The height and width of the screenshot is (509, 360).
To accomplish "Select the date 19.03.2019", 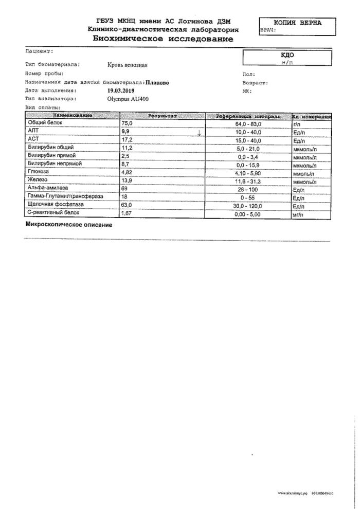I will pos(117,90).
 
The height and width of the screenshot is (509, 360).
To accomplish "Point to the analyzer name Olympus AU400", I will pos(123,98).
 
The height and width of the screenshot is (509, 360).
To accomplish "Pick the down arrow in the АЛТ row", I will pos(199,133).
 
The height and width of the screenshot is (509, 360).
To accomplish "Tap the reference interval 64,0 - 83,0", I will pos(248,124).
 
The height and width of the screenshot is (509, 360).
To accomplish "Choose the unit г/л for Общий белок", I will pos(296,124).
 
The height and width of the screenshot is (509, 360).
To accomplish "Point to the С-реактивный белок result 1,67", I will pos(127,212).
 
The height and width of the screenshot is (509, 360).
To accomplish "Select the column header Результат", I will pos(163,117).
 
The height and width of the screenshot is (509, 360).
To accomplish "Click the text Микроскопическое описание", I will pos(68,225).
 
